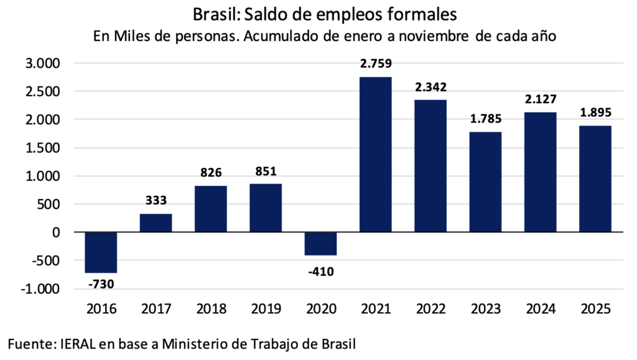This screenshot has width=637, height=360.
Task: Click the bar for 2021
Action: point(375,154)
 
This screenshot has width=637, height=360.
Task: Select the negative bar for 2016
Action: point(101,252)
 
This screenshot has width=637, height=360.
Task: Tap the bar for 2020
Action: point(320,244)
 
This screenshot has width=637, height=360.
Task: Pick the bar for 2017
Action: point(156,223)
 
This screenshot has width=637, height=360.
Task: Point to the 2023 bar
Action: point(485,182)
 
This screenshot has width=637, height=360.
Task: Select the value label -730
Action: point(101,285)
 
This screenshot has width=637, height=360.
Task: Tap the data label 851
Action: point(266,172)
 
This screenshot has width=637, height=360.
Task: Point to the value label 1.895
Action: point(595,113)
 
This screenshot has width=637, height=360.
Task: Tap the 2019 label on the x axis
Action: point(266,309)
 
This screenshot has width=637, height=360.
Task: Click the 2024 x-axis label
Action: point(540,309)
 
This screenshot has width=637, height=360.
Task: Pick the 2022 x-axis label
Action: point(430,309)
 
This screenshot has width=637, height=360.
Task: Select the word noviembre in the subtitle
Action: point(438,36)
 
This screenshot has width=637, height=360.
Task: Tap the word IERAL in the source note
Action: point(80,343)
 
